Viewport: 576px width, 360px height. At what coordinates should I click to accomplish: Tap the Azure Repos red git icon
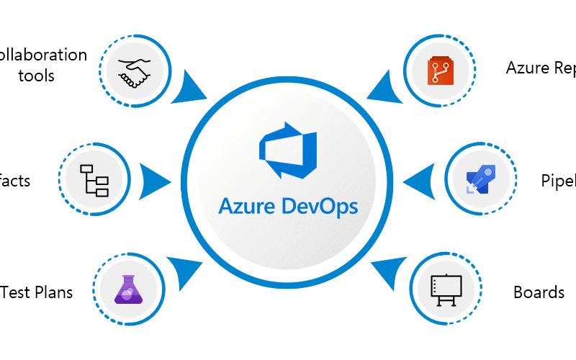(439, 70)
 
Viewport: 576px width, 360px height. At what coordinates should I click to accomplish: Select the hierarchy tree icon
(94, 179)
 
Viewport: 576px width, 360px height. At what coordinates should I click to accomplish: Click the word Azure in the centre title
(249, 207)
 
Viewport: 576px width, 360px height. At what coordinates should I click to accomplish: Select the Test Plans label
(37, 292)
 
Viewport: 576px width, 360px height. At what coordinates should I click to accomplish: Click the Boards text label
(539, 292)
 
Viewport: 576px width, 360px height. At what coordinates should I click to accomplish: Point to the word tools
(36, 75)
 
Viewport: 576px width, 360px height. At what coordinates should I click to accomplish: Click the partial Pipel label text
(558, 181)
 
